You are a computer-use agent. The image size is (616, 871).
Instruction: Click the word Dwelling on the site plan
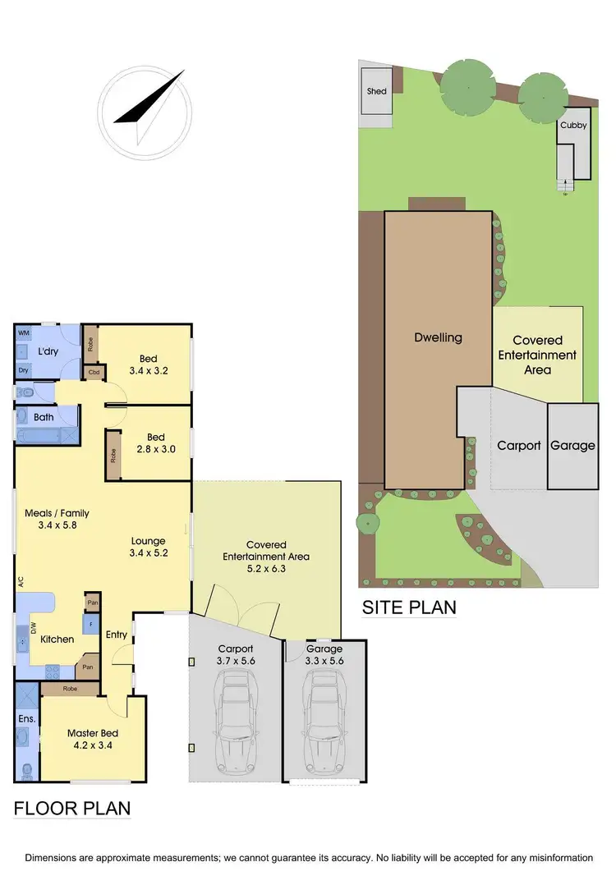[438, 337]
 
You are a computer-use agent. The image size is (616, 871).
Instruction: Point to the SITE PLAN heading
[409, 608]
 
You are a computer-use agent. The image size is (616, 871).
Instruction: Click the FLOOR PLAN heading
[72, 808]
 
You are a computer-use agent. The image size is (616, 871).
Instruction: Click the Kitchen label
[57, 639]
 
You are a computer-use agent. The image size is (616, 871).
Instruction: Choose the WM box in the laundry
[23, 333]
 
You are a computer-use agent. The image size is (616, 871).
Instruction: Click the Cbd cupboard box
[96, 373]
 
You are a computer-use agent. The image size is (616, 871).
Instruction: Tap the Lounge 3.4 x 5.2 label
[149, 548]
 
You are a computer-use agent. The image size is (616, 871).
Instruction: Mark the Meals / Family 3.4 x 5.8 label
[57, 520]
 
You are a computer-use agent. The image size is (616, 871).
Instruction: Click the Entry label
[116, 634]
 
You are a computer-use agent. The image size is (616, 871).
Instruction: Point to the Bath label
[44, 418]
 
